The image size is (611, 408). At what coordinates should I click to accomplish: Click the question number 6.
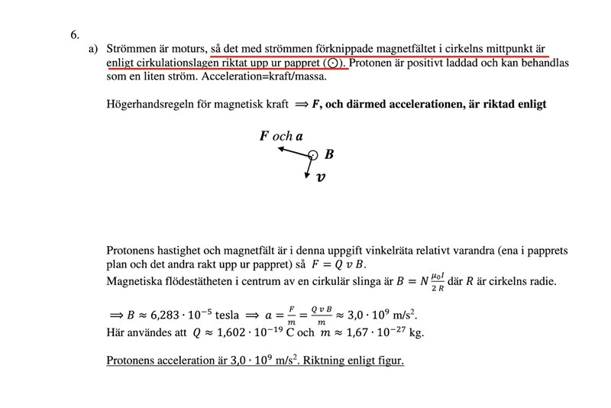click(x=74, y=34)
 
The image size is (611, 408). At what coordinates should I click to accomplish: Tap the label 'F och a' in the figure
click(x=281, y=137)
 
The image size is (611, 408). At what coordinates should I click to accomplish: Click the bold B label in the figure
click(x=329, y=154)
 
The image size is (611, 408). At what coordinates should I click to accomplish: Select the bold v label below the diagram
click(x=321, y=178)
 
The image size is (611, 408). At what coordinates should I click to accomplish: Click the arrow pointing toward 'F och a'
click(x=293, y=151)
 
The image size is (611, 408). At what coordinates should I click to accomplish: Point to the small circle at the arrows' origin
click(x=312, y=155)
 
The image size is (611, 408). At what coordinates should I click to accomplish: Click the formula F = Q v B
click(x=341, y=264)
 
